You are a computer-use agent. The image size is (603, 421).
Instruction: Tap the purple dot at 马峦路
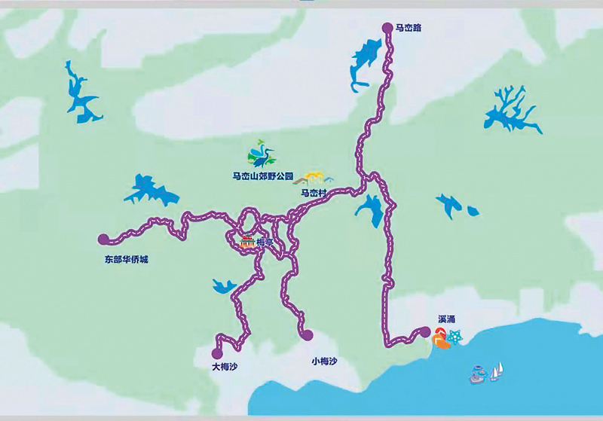387,28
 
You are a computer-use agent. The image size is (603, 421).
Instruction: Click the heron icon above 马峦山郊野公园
262,154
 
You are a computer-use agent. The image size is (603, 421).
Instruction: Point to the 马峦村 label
314,194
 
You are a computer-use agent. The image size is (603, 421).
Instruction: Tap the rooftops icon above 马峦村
316,178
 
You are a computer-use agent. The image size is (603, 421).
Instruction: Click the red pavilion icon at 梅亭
246,243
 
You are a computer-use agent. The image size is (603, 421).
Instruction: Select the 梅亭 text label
265,243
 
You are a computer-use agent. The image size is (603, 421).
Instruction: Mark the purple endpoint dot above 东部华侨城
103,239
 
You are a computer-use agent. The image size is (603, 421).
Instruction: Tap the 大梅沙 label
225,367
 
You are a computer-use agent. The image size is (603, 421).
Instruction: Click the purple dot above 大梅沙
217,352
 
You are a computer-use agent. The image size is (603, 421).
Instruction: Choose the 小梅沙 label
323,362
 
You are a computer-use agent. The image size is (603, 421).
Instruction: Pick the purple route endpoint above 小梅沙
307,334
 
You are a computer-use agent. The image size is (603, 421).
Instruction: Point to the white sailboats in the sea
497,371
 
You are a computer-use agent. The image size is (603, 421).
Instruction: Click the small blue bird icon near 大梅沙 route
224,285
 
